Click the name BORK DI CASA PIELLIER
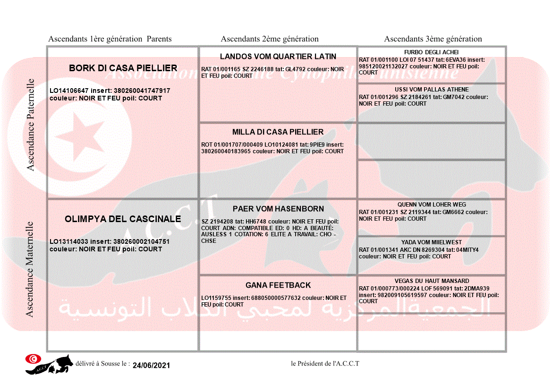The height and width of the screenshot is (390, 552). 123,68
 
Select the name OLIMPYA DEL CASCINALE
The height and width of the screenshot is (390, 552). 123,219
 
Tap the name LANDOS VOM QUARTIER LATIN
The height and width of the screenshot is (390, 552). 278,57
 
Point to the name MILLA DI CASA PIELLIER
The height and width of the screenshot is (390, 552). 278,132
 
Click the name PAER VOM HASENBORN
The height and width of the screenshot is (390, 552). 278,209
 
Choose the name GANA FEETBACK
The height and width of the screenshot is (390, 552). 278,285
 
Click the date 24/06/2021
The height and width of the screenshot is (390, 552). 151,365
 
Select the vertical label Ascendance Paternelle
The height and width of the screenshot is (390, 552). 31,124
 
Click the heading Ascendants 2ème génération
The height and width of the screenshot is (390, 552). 270,39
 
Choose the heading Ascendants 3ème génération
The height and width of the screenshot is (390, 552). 433,39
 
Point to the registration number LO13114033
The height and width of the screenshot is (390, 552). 69,241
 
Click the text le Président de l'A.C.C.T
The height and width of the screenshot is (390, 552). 325,363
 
